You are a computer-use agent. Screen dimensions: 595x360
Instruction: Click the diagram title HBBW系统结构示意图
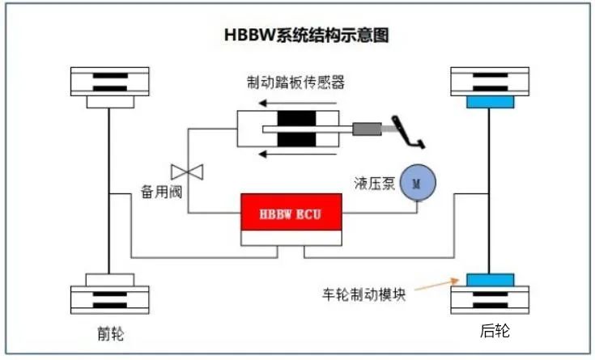(x=307, y=35)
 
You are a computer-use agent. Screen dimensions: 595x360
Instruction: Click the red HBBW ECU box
(x=291, y=212)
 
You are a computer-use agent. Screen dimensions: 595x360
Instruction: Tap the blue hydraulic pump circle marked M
(x=418, y=183)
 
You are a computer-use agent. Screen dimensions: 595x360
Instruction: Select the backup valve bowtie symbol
(x=187, y=172)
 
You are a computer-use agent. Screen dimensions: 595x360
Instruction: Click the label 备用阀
(x=162, y=192)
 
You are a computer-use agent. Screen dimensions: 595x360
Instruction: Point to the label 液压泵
(x=375, y=183)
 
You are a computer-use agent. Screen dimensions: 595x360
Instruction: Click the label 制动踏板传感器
(x=295, y=82)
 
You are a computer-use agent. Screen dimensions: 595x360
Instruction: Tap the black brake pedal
(x=408, y=132)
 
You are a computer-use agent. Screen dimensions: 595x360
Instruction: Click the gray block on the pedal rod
(x=367, y=129)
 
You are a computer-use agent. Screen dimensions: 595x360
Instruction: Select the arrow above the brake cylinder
(x=298, y=103)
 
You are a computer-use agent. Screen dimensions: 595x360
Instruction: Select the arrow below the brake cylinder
(x=298, y=154)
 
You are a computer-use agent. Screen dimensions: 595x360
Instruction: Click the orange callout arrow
(x=437, y=285)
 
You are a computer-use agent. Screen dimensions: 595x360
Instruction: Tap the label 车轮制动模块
(x=364, y=294)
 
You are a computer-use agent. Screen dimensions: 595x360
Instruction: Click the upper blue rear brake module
(x=491, y=102)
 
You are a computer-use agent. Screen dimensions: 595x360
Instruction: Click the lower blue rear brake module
(x=491, y=280)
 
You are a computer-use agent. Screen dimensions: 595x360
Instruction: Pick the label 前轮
(x=110, y=334)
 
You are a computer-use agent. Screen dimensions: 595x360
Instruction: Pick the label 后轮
(x=495, y=330)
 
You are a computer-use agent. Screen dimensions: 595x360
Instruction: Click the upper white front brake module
(x=110, y=102)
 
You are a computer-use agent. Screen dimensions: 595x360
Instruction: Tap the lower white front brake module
(x=110, y=280)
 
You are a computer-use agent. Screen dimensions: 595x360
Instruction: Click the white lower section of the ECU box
(x=291, y=238)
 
